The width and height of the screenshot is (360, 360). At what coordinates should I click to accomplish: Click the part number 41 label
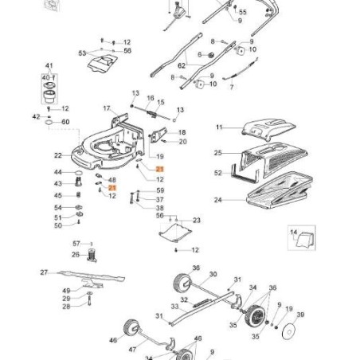48,65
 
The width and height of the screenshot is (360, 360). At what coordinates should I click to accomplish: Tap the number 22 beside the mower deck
58,155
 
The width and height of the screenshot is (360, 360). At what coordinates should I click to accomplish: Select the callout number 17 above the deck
105,108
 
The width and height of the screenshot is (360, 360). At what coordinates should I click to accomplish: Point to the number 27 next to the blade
45,272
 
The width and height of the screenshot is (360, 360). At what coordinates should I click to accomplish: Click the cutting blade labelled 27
88,278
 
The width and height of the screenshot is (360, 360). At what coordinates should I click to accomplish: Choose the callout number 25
217,152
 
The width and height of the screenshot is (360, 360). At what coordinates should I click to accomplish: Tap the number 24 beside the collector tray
217,200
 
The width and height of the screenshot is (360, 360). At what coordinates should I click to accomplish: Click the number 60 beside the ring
65,122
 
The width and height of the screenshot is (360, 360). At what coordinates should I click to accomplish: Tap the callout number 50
57,226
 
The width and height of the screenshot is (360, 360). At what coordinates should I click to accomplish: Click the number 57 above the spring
76,243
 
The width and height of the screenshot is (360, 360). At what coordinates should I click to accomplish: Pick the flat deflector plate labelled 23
174,233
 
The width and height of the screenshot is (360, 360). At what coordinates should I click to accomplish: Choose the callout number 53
81,53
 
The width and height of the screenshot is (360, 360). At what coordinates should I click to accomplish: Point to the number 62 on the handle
181,65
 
